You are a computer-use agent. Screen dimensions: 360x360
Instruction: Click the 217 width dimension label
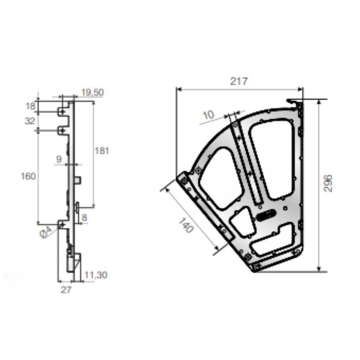point(239,81)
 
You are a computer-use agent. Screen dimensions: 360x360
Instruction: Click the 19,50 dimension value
point(93,92)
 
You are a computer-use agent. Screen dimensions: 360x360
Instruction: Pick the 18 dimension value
point(31,106)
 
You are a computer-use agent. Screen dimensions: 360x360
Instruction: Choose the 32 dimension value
point(30,121)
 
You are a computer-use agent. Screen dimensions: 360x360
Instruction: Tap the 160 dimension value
point(28,176)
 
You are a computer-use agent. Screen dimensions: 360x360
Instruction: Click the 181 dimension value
point(102,151)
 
